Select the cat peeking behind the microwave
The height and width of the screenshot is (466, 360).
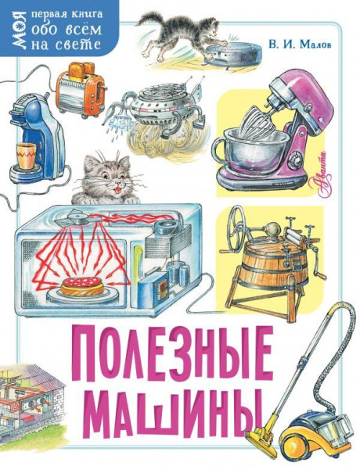pos(107,178)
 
